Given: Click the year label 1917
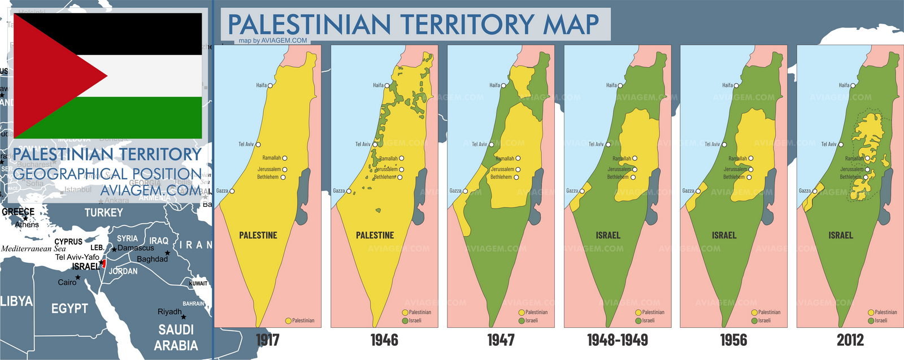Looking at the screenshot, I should coord(268,340).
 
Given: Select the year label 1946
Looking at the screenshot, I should coord(384,340).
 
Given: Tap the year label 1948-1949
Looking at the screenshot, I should coord(617,340).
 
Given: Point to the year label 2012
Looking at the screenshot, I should coord(850,340).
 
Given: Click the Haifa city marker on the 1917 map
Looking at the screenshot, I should coord(270,85).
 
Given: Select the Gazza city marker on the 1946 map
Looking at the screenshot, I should coord(349,191).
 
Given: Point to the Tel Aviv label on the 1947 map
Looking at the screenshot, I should coord(479,145).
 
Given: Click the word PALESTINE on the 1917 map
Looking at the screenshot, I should coord(258,235).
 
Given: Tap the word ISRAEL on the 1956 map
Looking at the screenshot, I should coord(724,235).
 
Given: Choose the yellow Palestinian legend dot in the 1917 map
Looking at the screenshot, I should coord(288,321).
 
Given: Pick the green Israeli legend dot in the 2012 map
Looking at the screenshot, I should coord(871,321).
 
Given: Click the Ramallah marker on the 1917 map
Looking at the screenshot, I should coord(285,158).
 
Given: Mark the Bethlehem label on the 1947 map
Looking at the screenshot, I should coord(501,177).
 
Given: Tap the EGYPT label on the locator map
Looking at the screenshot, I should coord(69,309).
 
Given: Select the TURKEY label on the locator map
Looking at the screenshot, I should coord(103,212).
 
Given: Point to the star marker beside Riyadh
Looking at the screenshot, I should coord(184,317).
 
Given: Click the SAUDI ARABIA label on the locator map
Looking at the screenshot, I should coord(176,337).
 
